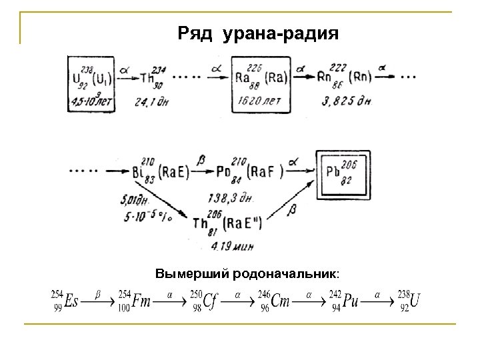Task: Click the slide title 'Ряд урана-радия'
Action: [x=259, y=32]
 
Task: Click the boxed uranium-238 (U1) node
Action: [x=90, y=83]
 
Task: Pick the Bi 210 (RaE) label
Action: [x=161, y=172]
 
